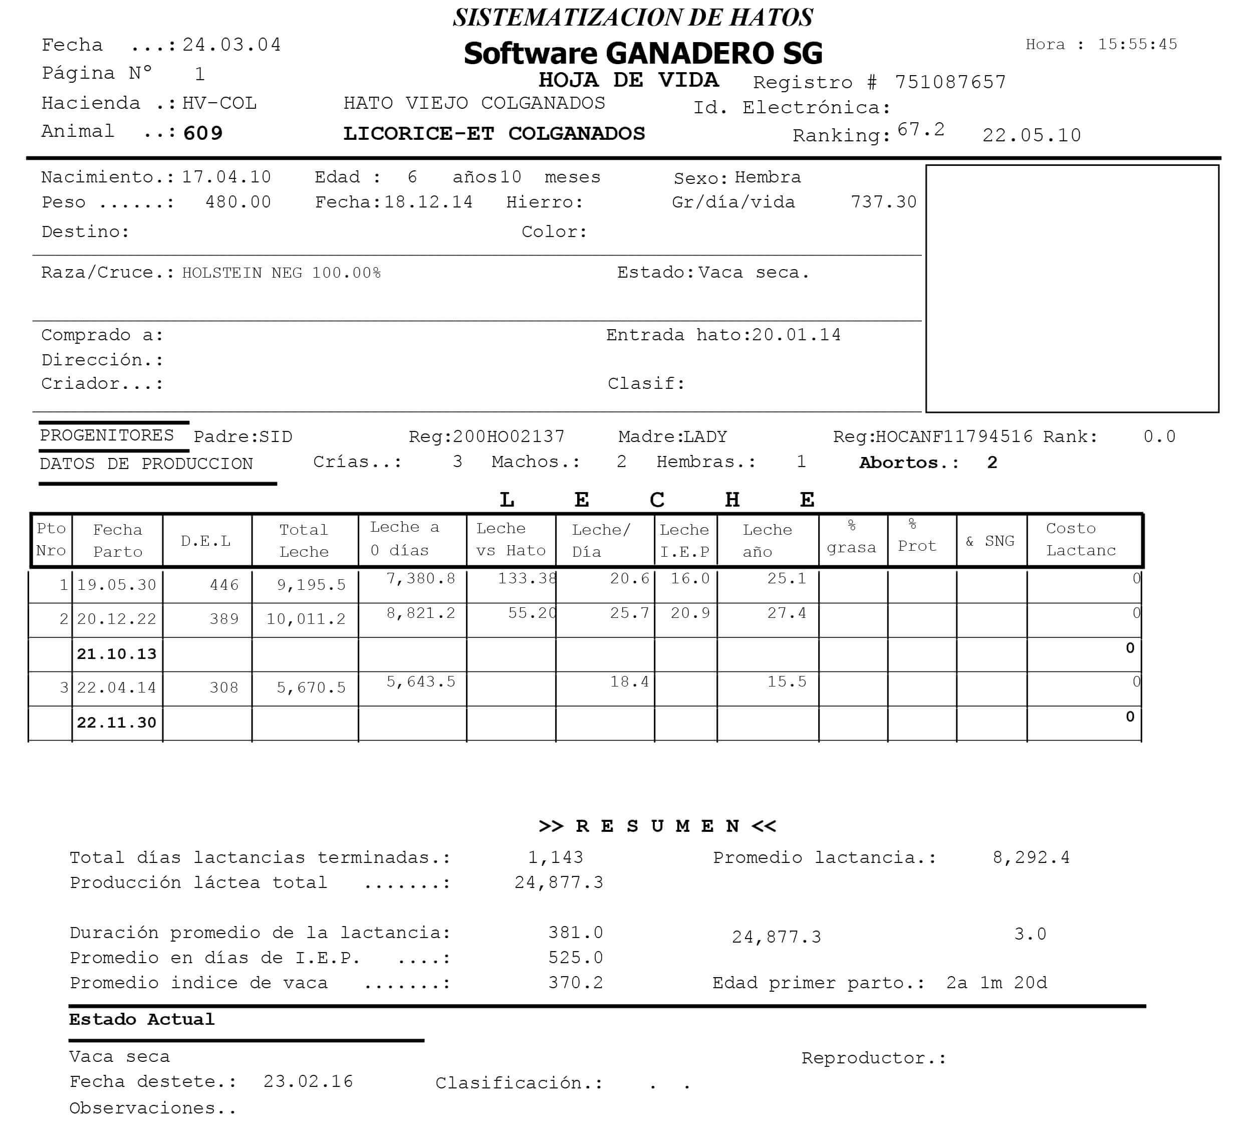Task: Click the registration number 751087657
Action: click(x=950, y=82)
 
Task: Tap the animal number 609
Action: click(x=202, y=133)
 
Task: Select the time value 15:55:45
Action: click(x=1137, y=44)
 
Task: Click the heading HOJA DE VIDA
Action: click(x=628, y=80)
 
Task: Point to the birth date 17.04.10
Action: click(x=226, y=177)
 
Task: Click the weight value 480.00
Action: click(x=238, y=202)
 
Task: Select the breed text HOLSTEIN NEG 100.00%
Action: click(x=281, y=273)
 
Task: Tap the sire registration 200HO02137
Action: click(x=508, y=436)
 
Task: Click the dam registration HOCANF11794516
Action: click(x=953, y=436)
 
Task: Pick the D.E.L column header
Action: click(x=205, y=541)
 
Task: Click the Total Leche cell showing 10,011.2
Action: click(x=306, y=619)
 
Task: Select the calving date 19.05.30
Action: click(x=116, y=585)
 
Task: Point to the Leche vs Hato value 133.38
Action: click(x=527, y=579)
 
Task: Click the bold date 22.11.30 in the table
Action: click(x=116, y=722)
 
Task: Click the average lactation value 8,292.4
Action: click(x=1031, y=857)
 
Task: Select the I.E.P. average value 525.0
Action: click(x=575, y=958)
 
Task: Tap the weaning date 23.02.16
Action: click(x=308, y=1081)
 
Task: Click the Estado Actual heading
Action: click(x=142, y=1019)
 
